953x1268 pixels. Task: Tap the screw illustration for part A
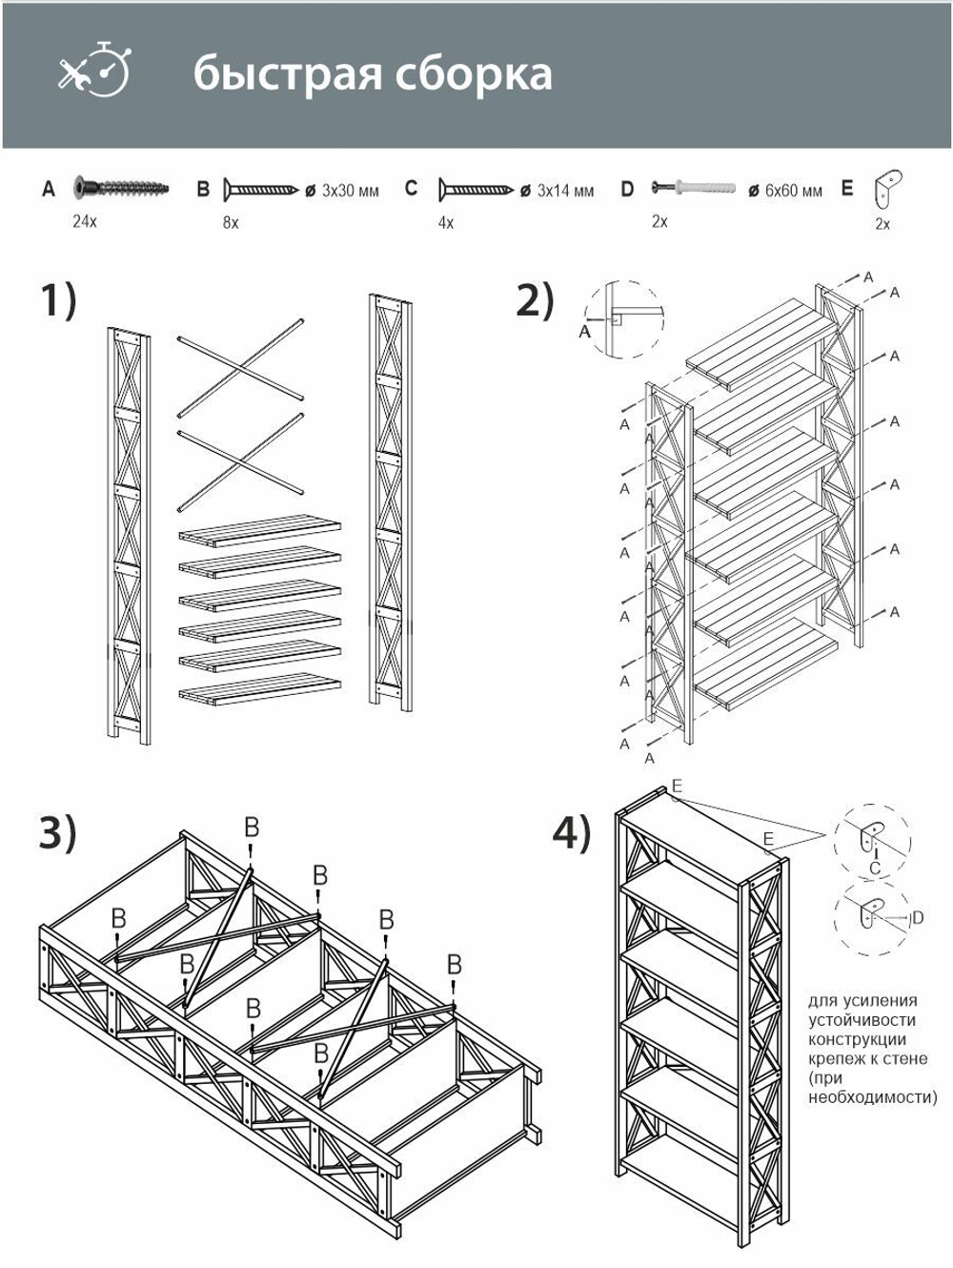pyautogui.click(x=120, y=187)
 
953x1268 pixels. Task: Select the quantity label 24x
pyautogui.click(x=85, y=221)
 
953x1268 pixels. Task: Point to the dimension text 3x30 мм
pyautogui.click(x=350, y=191)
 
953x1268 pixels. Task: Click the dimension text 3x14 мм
pyautogui.click(x=565, y=191)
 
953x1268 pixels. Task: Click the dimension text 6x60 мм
pyautogui.click(x=793, y=191)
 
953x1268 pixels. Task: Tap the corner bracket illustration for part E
pyautogui.click(x=890, y=188)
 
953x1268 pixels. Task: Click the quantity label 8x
pyautogui.click(x=230, y=222)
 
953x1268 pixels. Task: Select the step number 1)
pyautogui.click(x=58, y=301)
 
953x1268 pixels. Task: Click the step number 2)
pyautogui.click(x=535, y=300)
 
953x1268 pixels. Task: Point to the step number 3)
pyautogui.click(x=57, y=832)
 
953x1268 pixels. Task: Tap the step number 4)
pyautogui.click(x=572, y=832)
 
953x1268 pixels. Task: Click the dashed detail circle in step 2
pyautogui.click(x=622, y=318)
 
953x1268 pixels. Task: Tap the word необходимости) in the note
pyautogui.click(x=872, y=1097)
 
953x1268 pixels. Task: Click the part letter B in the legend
pyautogui.click(x=203, y=189)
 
